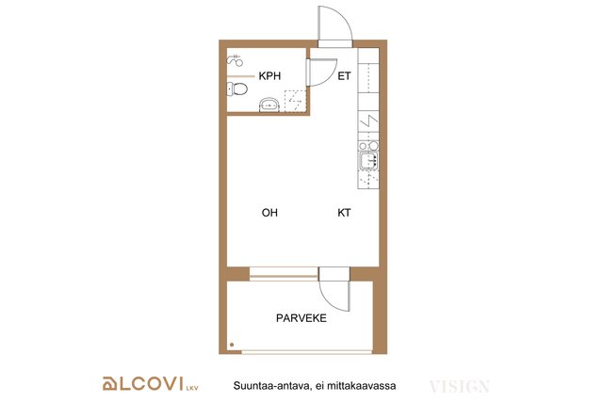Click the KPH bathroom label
[x=269, y=76]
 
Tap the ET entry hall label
[x=344, y=76]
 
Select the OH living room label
[x=269, y=213]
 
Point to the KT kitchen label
[x=344, y=213]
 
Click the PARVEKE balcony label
[x=301, y=318]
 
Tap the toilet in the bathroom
[x=236, y=89]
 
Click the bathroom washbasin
[x=269, y=105]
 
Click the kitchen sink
[x=368, y=160]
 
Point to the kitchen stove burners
[x=368, y=146]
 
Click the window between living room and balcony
[x=284, y=274]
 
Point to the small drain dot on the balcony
[x=232, y=345]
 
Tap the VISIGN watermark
[x=460, y=386]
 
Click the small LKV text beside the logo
[x=192, y=388]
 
